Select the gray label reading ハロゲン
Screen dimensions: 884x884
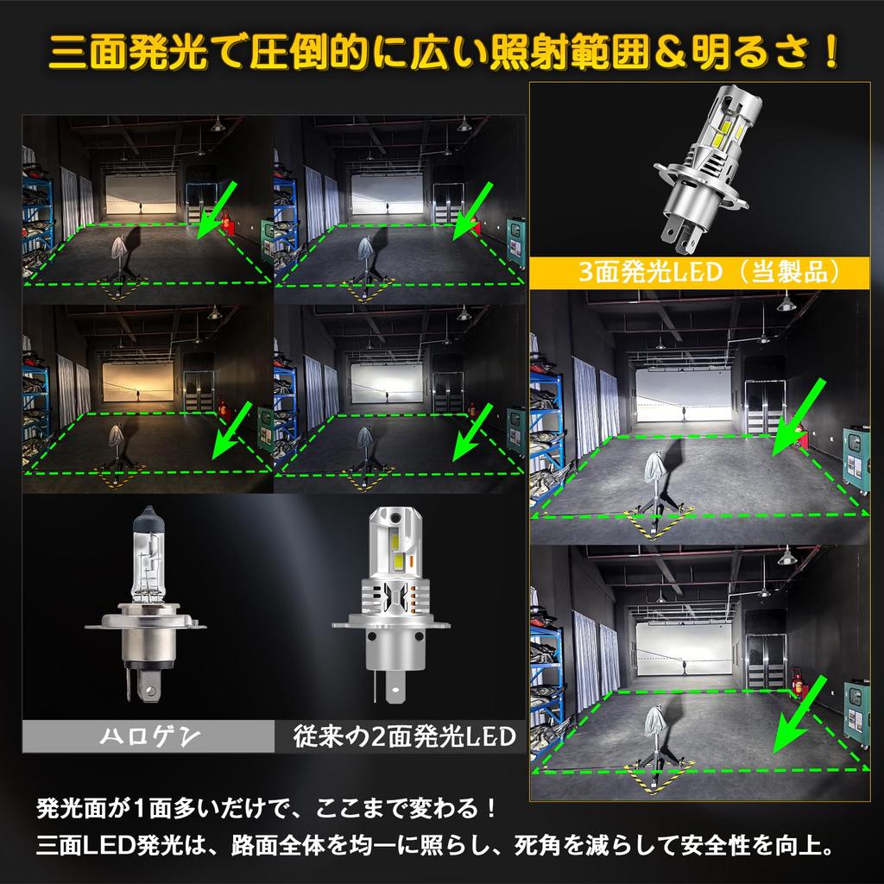pos(147,736)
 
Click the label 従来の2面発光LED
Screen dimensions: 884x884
pos(403,736)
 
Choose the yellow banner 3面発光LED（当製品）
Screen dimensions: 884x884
pos(704,275)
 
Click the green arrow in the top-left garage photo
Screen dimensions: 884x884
pos(211,209)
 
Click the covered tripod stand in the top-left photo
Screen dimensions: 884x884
pos(117,256)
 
